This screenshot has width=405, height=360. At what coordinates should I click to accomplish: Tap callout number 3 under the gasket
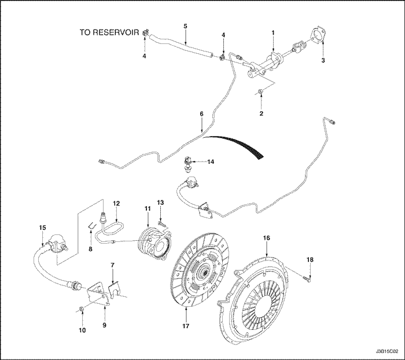pos(323,60)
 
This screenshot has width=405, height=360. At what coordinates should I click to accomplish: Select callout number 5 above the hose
pos(185,26)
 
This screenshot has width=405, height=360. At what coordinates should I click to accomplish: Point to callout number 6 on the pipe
pos(201,115)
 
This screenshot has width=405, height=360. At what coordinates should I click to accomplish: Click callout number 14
pos(211,162)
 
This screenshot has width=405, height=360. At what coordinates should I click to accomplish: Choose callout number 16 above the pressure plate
pos(267,237)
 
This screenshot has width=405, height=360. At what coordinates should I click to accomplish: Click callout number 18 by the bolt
pos(311,260)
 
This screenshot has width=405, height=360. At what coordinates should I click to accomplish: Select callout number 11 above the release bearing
pos(148,207)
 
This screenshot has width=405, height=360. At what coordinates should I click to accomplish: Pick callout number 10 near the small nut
pos(82,330)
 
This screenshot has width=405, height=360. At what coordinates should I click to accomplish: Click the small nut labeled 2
pos(261,91)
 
